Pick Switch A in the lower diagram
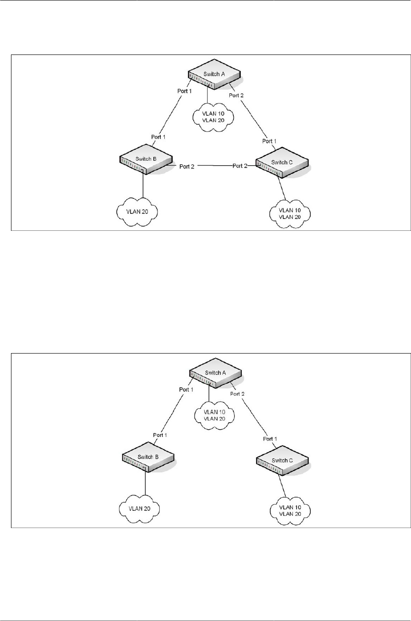coord(215,374)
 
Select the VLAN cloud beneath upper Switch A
coord(214,117)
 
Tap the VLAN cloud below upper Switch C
coord(290,213)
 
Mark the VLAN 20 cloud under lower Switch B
coord(139,508)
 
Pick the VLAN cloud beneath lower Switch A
coord(214,415)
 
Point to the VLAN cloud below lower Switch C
coord(290,510)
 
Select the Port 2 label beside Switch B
coord(187,166)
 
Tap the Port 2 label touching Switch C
coord(239,166)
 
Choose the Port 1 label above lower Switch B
coord(160,435)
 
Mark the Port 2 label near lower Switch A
coord(238,394)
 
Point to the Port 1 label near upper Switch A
coord(184,91)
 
